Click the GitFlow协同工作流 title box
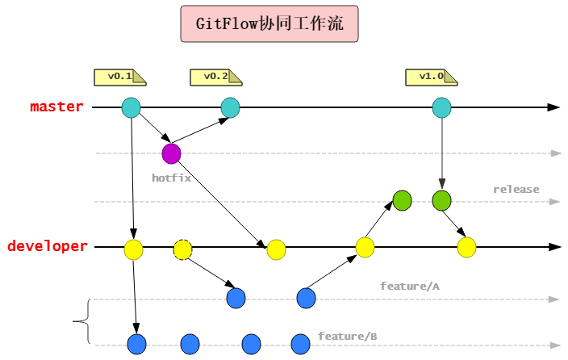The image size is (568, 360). [x=269, y=25]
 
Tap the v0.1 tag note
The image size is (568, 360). [x=120, y=77]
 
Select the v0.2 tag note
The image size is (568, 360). [x=215, y=77]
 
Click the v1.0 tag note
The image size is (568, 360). [x=431, y=77]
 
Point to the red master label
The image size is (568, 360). [x=56, y=107]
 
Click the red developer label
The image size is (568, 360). [x=47, y=246]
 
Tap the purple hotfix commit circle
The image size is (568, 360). [x=171, y=153]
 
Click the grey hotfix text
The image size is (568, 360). [x=171, y=178]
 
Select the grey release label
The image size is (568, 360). [x=516, y=190]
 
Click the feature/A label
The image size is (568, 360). [x=409, y=286]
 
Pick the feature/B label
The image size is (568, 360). [x=347, y=336]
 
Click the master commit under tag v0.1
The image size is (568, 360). [x=131, y=107]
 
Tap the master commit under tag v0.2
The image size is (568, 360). [x=231, y=107]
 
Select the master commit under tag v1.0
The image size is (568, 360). [x=441, y=107]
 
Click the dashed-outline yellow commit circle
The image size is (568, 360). [x=183, y=249]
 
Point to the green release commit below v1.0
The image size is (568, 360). [x=441, y=200]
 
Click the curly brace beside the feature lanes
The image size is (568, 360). [x=81, y=322]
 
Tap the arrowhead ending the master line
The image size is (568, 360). [x=553, y=107]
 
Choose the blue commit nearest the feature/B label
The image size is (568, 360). [x=300, y=344]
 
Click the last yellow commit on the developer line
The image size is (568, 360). [x=466, y=247]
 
